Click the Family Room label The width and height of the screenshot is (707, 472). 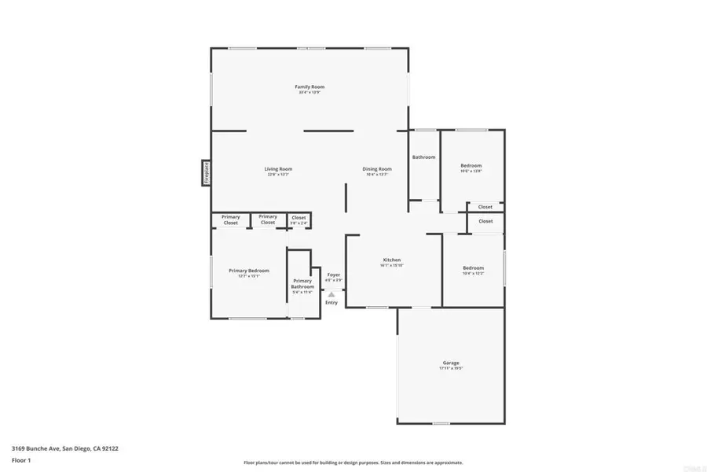pos(310,87)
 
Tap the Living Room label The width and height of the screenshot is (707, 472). pos(278,168)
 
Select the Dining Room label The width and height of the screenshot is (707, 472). pos(377,168)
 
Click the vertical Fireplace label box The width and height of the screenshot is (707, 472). pos(206,172)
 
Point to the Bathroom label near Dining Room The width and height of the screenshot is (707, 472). pos(423,157)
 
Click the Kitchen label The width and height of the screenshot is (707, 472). pos(392,260)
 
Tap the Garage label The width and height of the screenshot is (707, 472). pos(450,363)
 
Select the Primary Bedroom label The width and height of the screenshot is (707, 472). pos(249,270)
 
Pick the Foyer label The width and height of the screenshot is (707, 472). pos(334,275)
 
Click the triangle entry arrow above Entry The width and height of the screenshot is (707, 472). pos(332,294)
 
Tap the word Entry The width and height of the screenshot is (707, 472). pos(332,303)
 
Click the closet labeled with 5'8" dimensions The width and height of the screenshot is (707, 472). pos(299,218)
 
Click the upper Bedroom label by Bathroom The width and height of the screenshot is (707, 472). pos(471,165)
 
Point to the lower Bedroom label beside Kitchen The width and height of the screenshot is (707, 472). pos(473,267)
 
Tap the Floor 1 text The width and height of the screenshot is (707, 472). pos(21,459)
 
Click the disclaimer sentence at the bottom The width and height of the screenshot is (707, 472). pos(353,463)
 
